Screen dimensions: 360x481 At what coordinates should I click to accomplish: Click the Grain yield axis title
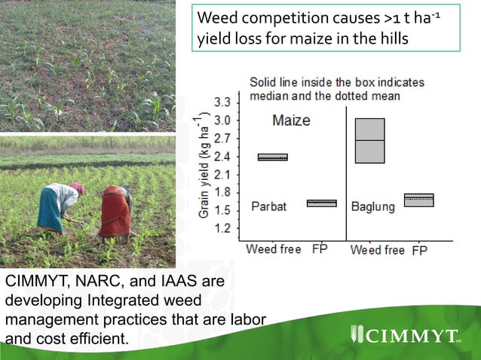click(x=204, y=165)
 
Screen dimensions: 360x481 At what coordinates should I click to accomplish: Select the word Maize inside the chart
click(x=291, y=121)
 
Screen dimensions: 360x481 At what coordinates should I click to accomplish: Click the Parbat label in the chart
click(x=269, y=206)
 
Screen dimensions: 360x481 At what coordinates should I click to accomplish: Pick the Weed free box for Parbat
click(x=272, y=157)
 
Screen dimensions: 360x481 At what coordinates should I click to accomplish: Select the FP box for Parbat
click(x=322, y=203)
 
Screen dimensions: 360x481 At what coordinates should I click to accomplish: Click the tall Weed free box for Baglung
click(x=369, y=141)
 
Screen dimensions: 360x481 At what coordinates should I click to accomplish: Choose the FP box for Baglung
click(x=419, y=200)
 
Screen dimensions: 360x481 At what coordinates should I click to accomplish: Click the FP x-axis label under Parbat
click(x=319, y=249)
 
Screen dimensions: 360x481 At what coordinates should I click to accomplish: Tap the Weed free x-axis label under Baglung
click(x=378, y=250)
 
